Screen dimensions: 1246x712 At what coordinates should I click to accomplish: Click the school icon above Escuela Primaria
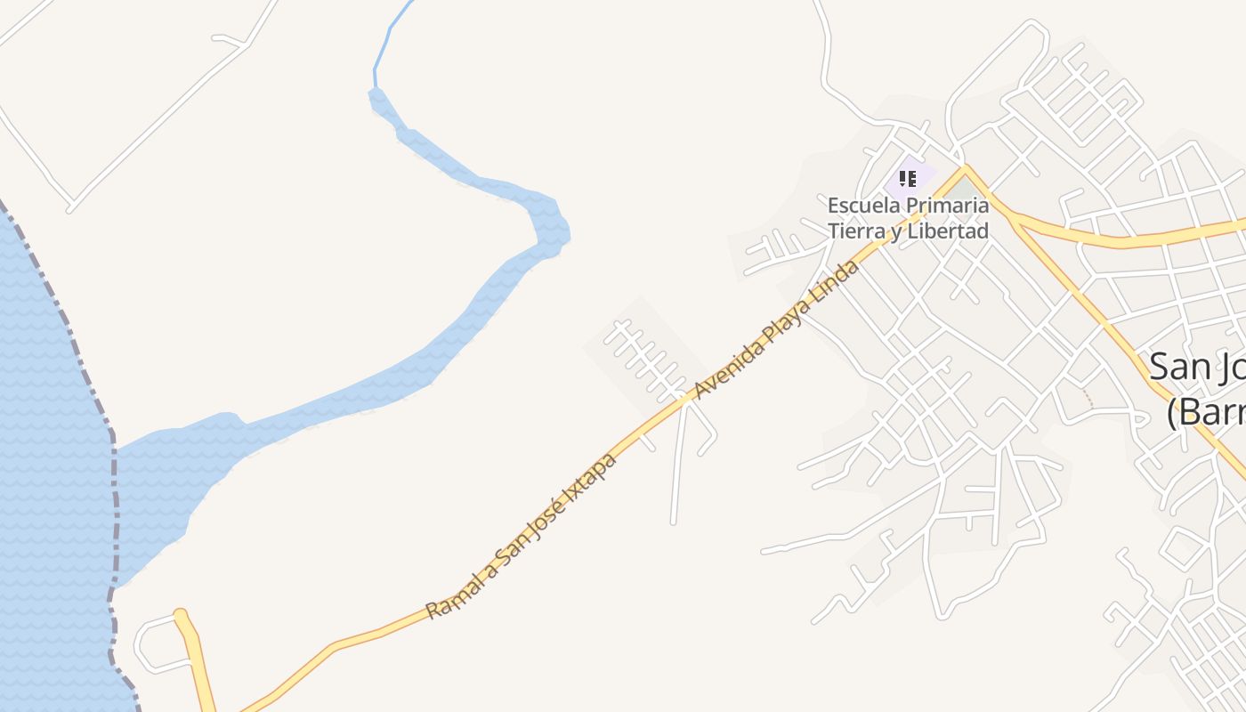point(907,179)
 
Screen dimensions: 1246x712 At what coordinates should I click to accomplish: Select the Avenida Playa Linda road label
point(778,329)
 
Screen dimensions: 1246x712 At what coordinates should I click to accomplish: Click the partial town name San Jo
point(1196,367)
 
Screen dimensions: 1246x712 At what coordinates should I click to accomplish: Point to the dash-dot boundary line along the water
point(113,498)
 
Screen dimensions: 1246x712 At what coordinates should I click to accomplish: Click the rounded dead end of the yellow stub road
point(181,615)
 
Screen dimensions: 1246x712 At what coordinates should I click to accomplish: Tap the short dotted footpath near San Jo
point(1088,398)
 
